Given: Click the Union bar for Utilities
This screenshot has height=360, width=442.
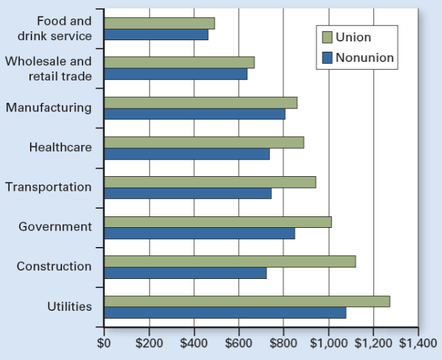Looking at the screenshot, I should [247, 301].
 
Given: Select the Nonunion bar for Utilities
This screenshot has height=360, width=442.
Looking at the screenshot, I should [225, 313].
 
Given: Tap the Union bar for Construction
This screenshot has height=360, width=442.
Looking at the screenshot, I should [229, 262].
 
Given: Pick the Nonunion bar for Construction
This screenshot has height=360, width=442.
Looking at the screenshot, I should [185, 273].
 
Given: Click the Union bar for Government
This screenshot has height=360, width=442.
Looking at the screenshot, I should [217, 222].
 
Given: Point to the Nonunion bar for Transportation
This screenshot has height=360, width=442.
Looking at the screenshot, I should [188, 193].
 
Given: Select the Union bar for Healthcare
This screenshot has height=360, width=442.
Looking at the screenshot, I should [204, 142].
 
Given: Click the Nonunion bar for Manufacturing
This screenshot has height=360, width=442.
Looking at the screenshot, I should [195, 114].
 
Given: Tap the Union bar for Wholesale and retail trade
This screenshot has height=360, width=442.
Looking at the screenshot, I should [179, 63].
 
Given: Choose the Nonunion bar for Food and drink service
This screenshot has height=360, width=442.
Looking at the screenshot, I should [156, 34].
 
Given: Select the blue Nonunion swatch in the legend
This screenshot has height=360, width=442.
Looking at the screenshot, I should [328, 58].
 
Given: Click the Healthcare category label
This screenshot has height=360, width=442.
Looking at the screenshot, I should [60, 147].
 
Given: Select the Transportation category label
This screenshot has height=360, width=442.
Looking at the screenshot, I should [49, 187].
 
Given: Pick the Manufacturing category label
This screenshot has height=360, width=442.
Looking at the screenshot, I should [49, 107].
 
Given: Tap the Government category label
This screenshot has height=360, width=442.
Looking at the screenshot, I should [55, 227].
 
